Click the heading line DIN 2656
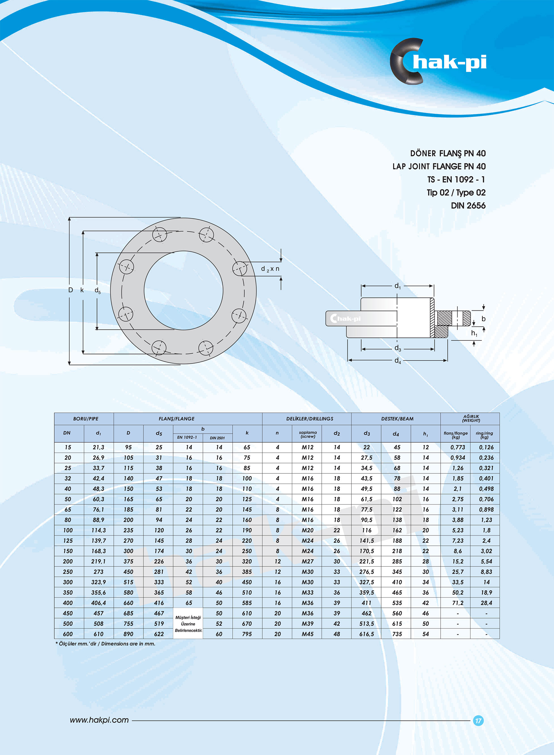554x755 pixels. [468, 206]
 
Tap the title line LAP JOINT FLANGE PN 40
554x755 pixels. [439, 166]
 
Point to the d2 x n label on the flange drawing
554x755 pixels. [270, 269]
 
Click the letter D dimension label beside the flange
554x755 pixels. [70, 290]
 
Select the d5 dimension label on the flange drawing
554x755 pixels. [98, 290]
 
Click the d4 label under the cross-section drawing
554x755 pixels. [398, 361]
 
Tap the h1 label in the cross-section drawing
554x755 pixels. [474, 333]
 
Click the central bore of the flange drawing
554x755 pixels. [183, 290]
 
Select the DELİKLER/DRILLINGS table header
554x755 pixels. [310, 419]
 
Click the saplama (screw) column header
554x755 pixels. [307, 435]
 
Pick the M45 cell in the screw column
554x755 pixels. [307, 634]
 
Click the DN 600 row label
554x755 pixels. [68, 634]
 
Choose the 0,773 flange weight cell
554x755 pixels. [458, 447]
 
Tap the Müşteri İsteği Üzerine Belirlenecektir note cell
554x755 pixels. [188, 624]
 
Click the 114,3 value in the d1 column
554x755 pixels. [98, 530]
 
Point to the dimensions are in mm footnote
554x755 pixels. [105, 644]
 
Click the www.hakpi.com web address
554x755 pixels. [99, 720]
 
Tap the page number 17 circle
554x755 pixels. [478, 720]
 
